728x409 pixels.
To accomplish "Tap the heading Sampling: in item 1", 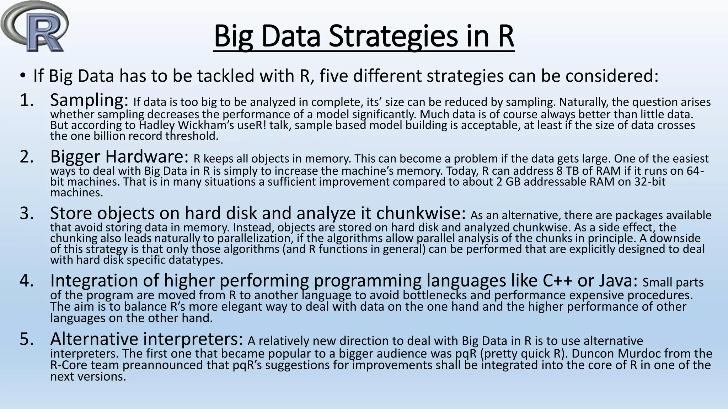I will coord(89,100).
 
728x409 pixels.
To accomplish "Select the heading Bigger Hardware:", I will coord(119,156).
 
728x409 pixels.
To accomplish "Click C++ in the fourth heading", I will coord(558,280).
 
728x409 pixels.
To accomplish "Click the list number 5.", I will coord(27,339).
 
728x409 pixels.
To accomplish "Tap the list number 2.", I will coord(27,156).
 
